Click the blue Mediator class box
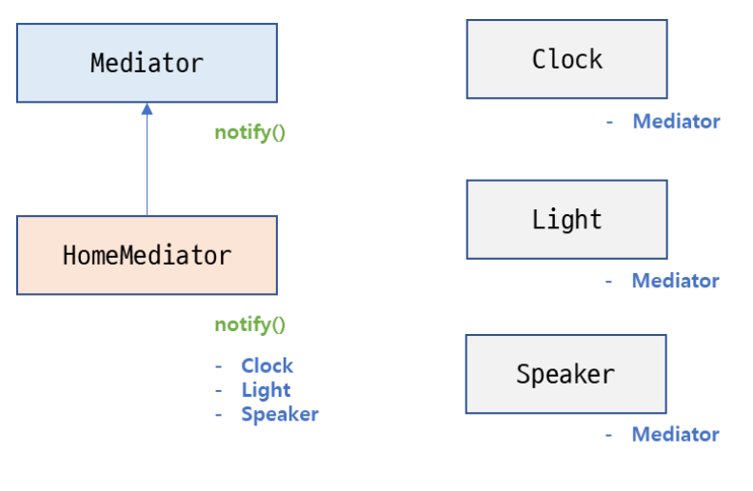(x=147, y=63)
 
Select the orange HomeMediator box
(x=147, y=255)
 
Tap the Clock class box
(x=566, y=59)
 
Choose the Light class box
(x=566, y=220)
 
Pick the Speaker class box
(x=565, y=374)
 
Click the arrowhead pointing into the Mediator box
(x=147, y=109)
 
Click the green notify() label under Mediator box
(x=249, y=132)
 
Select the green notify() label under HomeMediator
(x=249, y=324)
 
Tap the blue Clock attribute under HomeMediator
(x=267, y=365)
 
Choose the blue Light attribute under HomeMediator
(x=266, y=390)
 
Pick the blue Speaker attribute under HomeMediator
(x=279, y=414)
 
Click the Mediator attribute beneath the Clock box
(x=676, y=121)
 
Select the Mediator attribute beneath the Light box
(x=675, y=281)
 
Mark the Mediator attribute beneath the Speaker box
(x=675, y=435)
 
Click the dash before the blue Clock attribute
(x=219, y=366)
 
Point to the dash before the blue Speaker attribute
(x=219, y=415)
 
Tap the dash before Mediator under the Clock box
(x=609, y=122)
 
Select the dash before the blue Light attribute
(x=219, y=390)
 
